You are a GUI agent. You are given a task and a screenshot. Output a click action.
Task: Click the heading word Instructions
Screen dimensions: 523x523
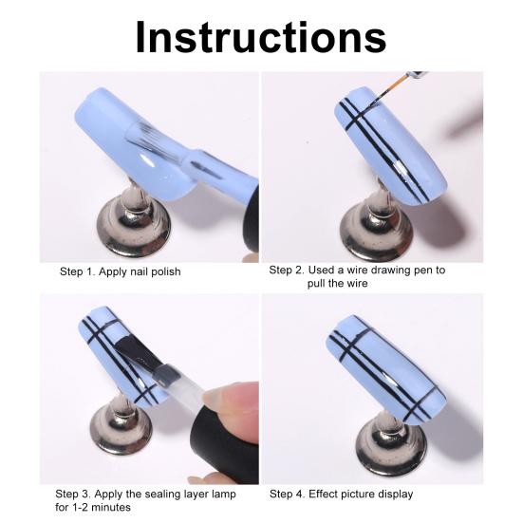(261, 36)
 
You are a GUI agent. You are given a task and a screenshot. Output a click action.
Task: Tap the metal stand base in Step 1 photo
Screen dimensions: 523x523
(133, 233)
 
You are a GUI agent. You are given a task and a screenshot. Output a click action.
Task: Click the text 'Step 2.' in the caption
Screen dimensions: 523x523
(288, 271)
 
